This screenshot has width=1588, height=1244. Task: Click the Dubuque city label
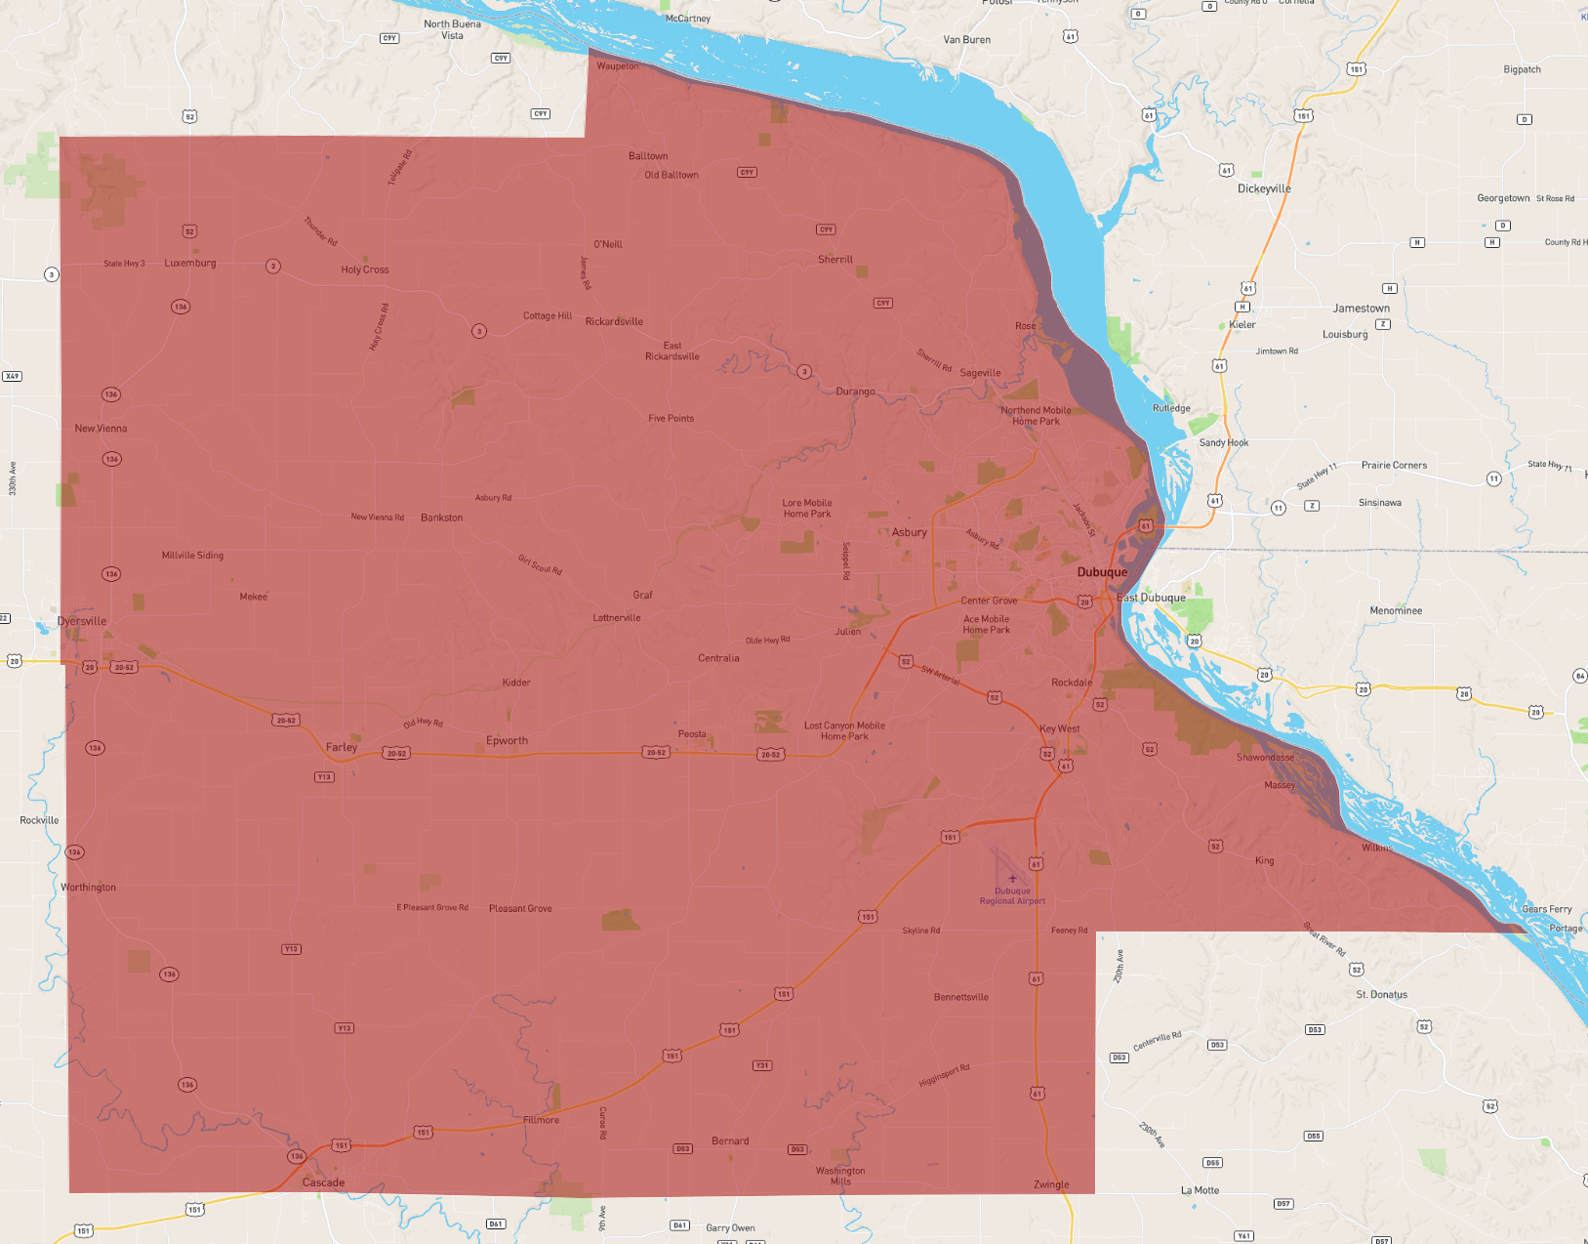[x=1102, y=572]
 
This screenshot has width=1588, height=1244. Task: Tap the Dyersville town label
[x=82, y=621]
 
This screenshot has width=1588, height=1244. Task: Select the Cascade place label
[x=323, y=1182]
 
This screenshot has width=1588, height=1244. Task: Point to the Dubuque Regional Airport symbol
[x=1012, y=879]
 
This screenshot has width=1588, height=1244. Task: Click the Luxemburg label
[x=190, y=263]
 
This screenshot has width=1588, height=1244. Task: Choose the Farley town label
[x=342, y=747]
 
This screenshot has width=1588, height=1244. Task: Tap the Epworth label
[x=507, y=740]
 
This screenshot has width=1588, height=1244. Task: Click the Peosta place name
[x=692, y=734]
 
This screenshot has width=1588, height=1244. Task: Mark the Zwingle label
[x=1051, y=1184]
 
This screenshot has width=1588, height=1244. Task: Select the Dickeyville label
[x=1264, y=188]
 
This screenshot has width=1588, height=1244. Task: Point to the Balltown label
[x=648, y=156]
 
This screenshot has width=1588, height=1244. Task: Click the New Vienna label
[x=101, y=429]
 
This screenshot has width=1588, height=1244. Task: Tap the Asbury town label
[x=909, y=532]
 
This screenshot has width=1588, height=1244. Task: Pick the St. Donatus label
[x=1381, y=994]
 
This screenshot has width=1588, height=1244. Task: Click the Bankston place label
[x=441, y=518]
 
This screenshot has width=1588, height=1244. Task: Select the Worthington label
[x=88, y=888]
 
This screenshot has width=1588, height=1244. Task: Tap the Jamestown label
[x=1361, y=309]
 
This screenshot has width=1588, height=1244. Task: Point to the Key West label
[x=1059, y=728]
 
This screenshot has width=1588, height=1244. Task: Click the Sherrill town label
[x=835, y=260]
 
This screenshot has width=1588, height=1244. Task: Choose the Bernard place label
[x=730, y=1140]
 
